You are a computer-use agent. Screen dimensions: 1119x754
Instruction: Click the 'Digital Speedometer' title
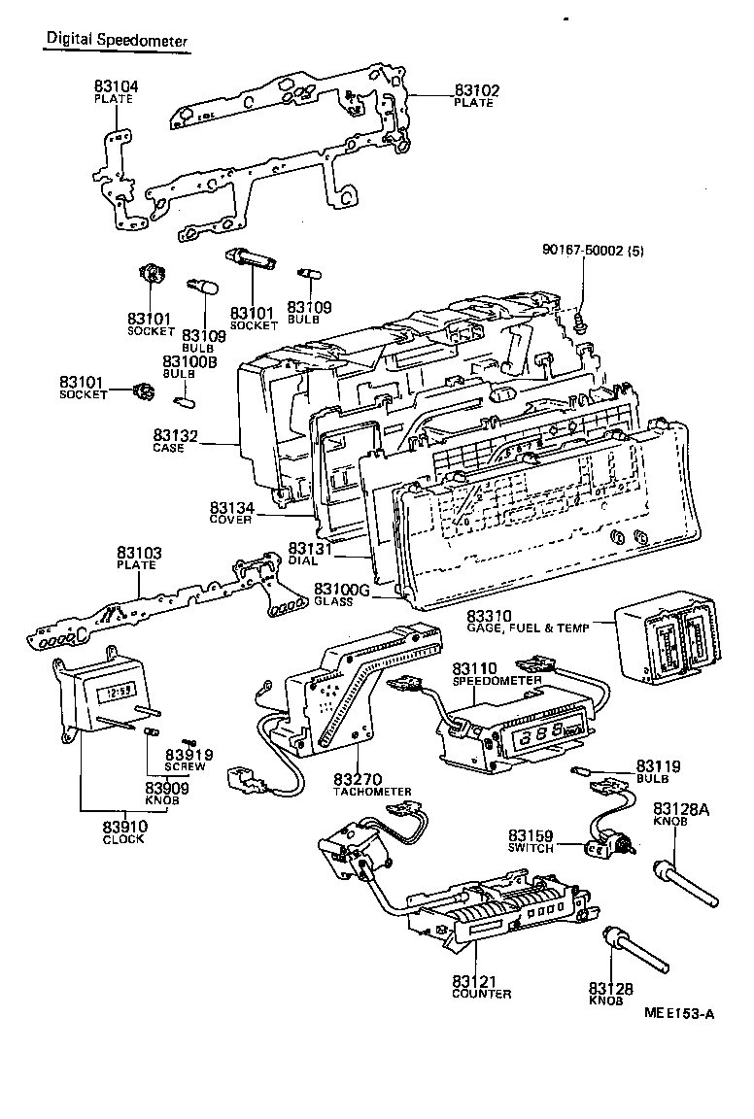[116, 39]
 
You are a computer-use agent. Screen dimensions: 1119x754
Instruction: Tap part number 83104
[116, 86]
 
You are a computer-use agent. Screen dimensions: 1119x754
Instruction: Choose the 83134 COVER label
[231, 512]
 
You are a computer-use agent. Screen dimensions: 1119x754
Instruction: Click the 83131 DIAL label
[310, 554]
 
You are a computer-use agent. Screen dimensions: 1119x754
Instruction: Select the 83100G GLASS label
[339, 594]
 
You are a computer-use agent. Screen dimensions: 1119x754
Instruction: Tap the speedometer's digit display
[543, 735]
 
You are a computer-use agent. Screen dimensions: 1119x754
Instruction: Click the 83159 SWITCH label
[530, 841]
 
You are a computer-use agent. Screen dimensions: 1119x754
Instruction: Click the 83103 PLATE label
[139, 559]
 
